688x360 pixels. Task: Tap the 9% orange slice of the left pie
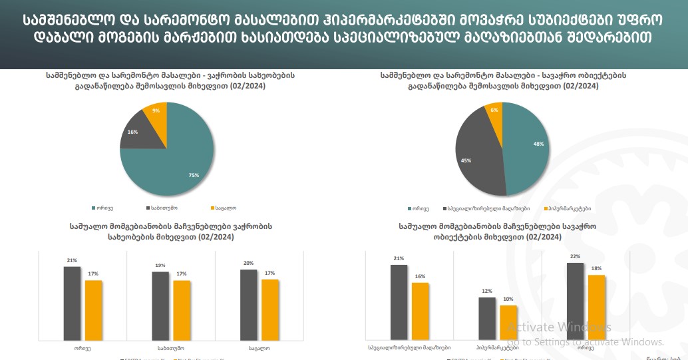tap(157, 112)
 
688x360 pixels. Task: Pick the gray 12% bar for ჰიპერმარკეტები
tap(487, 319)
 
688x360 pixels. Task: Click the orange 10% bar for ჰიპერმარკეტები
tap(508, 323)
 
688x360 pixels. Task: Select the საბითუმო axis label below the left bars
tap(171, 348)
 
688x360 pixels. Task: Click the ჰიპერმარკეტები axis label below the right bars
tap(498, 348)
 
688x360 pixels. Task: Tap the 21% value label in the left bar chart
tap(72, 260)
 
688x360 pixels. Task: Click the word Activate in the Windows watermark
tap(525, 327)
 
